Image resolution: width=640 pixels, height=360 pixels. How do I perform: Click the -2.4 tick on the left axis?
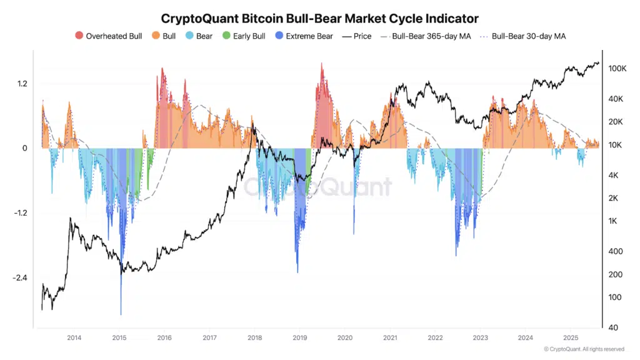20,278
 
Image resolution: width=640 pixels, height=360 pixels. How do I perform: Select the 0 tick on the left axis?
25,149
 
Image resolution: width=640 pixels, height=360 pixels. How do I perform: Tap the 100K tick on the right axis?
617,68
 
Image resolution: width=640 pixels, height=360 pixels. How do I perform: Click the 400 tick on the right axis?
615,251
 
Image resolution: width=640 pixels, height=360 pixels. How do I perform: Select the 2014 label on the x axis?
74,338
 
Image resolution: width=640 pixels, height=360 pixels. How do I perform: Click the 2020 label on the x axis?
344,338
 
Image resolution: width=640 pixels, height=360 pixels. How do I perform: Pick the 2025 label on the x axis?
570,338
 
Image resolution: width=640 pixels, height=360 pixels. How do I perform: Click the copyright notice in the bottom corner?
584,349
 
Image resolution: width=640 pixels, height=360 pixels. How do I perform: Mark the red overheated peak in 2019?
322,66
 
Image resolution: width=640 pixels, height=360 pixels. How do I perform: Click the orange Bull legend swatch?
156,36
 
